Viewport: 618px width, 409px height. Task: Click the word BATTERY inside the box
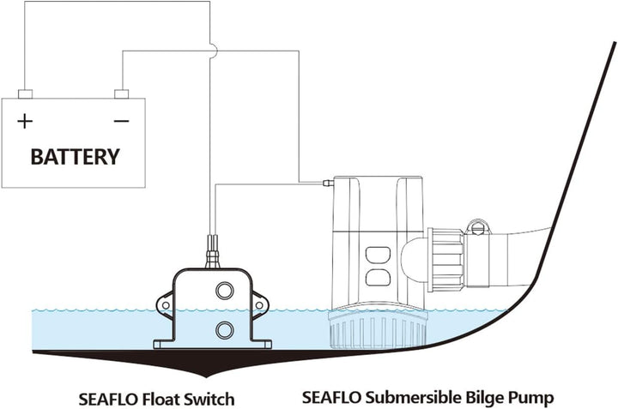(75, 157)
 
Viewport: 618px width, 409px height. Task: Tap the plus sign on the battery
(25, 121)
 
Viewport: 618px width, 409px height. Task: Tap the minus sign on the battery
(121, 121)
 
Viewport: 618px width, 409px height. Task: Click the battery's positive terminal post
(25, 93)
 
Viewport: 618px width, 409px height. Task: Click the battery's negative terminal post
(121, 93)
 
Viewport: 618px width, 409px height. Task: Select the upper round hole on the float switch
(224, 292)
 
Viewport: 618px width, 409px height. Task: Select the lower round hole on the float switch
(224, 329)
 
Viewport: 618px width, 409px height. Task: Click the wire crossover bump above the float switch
(212, 51)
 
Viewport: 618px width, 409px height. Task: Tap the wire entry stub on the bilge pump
(326, 183)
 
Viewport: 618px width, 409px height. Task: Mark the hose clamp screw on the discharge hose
(478, 227)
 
